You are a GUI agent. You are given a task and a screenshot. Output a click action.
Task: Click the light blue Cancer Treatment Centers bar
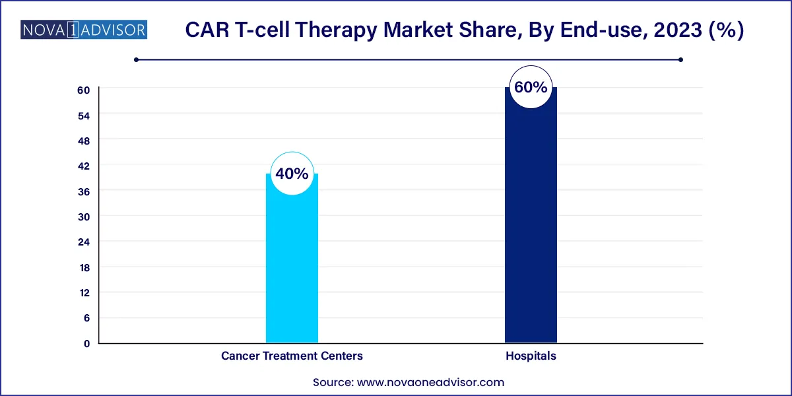pyautogui.click(x=292, y=264)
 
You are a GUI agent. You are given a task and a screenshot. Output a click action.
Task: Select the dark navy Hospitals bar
pyautogui.click(x=531, y=224)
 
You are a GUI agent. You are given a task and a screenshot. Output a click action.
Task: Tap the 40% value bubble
pyautogui.click(x=292, y=174)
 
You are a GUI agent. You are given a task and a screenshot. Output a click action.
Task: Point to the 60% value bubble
pyautogui.click(x=531, y=87)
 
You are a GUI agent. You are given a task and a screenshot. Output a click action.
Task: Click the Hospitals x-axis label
pyautogui.click(x=531, y=356)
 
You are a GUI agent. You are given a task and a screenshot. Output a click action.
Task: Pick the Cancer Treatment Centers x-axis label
pyautogui.click(x=292, y=356)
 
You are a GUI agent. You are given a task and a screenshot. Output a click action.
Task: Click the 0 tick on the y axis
pyautogui.click(x=86, y=343)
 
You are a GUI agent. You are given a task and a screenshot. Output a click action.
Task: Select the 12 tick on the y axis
pyautogui.click(x=85, y=292)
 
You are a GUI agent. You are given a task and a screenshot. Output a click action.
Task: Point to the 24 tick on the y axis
pyautogui.click(x=85, y=242)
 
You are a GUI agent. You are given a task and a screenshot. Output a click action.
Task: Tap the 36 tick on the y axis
pyautogui.click(x=85, y=191)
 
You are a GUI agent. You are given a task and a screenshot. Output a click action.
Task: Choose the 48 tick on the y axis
pyautogui.click(x=85, y=140)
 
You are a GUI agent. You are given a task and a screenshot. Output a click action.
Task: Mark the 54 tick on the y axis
pyautogui.click(x=85, y=115)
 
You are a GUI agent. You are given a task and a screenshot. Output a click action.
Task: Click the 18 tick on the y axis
pyautogui.click(x=85, y=267)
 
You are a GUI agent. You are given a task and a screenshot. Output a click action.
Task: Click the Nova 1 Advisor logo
pyautogui.click(x=84, y=30)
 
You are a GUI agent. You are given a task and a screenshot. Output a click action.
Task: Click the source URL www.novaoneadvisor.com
pyautogui.click(x=430, y=381)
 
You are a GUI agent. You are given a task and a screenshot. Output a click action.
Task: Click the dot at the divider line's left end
pyautogui.click(x=136, y=59)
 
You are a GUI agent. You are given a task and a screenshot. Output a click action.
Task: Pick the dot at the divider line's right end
pyautogui.click(x=680, y=59)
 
